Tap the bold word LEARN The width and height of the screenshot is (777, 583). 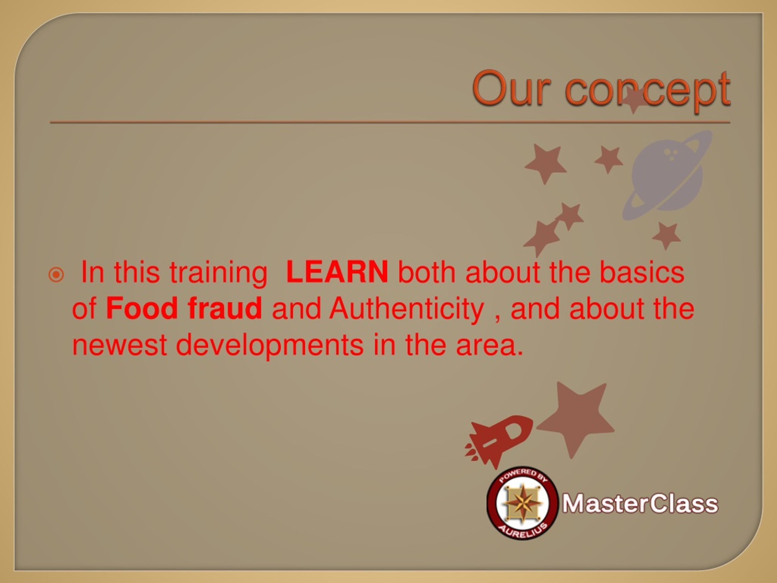pos(337,272)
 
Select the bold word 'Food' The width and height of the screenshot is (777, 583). pos(142,308)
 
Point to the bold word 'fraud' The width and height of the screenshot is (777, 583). pos(225,308)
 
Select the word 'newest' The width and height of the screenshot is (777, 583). pos(119,346)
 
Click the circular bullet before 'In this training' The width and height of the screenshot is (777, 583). pos(56,275)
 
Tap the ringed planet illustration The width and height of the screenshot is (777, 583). pos(667,176)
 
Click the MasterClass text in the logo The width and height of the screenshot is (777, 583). pos(640,504)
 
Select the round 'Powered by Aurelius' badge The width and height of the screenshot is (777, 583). pos(523,503)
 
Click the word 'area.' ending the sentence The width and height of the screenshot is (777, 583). pos(490,346)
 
